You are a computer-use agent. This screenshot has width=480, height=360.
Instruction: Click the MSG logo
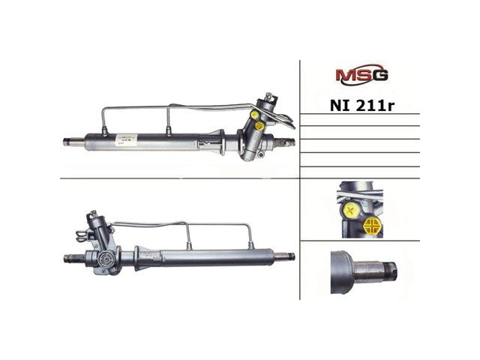(x=361, y=76)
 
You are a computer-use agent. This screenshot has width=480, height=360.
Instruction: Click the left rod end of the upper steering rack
(x=69, y=141)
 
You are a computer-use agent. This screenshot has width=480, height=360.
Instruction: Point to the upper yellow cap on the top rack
(x=255, y=115)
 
